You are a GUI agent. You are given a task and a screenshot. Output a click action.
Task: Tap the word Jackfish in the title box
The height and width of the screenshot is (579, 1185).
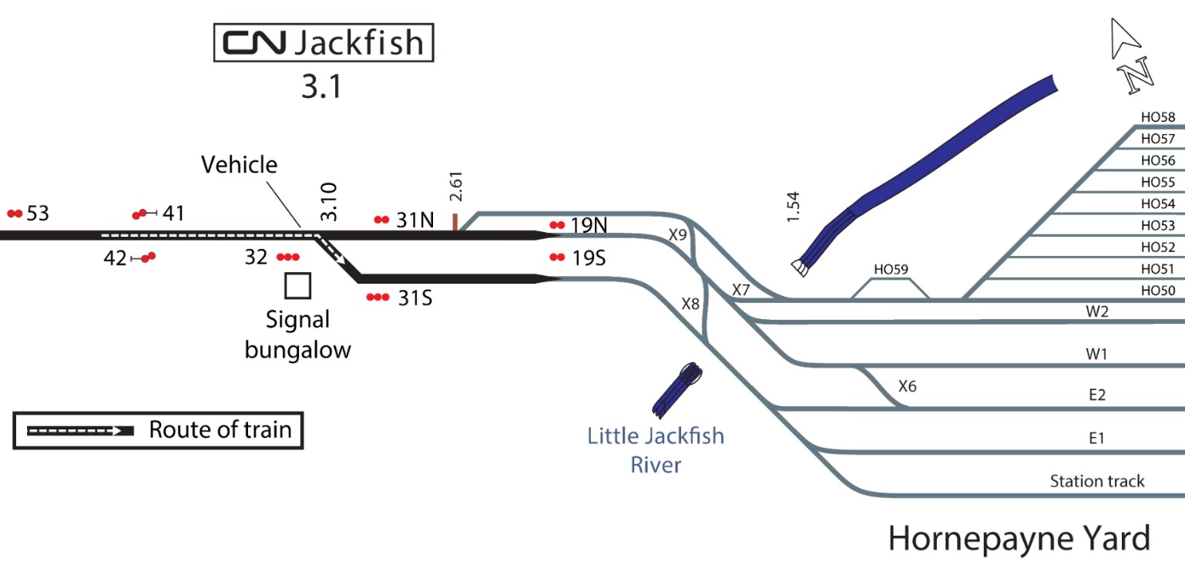click(x=358, y=44)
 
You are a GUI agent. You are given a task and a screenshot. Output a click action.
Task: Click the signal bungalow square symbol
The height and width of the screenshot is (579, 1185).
click(x=297, y=286)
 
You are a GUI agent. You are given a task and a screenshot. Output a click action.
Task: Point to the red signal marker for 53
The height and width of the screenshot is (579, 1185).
click(x=15, y=214)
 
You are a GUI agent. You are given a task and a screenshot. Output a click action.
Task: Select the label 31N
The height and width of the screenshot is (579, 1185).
click(x=416, y=220)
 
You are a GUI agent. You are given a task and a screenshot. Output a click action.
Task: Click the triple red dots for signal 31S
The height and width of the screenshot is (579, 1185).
click(x=378, y=297)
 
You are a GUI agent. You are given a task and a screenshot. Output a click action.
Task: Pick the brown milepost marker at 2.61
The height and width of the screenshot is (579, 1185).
click(x=456, y=222)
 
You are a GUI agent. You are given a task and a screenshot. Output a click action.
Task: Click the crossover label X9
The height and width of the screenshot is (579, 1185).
click(x=678, y=235)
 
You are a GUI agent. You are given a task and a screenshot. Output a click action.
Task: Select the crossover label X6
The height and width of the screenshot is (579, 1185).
click(x=907, y=385)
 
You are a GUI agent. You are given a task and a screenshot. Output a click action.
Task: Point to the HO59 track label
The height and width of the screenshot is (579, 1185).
click(x=891, y=271)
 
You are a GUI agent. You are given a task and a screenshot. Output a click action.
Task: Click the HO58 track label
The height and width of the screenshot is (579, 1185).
click(x=1158, y=118)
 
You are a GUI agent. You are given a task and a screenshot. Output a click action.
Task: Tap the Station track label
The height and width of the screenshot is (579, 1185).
click(x=1097, y=482)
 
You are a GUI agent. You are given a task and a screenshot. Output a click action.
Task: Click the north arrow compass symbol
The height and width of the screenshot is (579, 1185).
click(x=1130, y=59)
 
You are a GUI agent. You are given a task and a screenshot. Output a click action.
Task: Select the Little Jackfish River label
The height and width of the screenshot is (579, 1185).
click(x=656, y=450)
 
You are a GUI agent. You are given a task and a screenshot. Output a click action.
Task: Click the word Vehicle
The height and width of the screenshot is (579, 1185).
click(x=239, y=164)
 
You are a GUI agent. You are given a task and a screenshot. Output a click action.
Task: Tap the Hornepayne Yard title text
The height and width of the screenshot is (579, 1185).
click(x=1019, y=538)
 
